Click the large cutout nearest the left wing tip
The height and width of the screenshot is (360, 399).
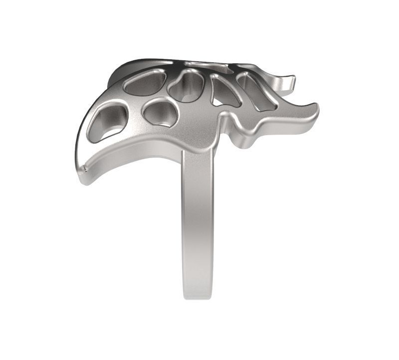click(x=107, y=122)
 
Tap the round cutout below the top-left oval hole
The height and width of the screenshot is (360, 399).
click(x=160, y=112)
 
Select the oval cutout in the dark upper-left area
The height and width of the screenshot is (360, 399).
click(x=145, y=82)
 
